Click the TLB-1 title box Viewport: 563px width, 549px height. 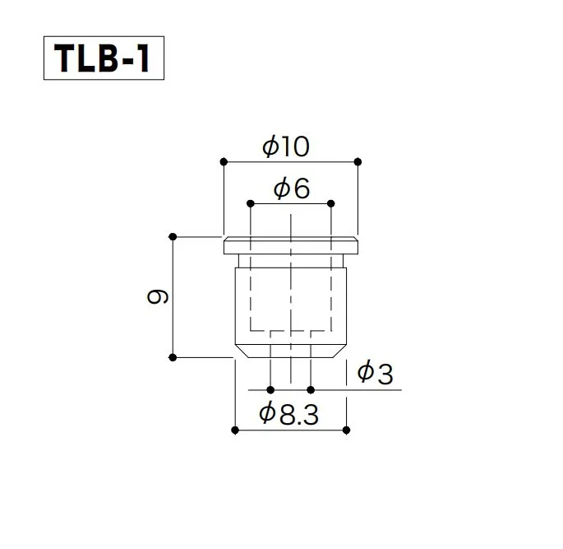point(104,58)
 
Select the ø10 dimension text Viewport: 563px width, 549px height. point(285,147)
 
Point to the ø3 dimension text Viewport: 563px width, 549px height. point(376,375)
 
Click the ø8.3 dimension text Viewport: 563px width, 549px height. point(288,415)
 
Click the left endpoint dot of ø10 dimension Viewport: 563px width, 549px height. point(223,161)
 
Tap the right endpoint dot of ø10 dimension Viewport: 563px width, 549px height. point(358,161)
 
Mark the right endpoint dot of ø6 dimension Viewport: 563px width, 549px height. point(330,202)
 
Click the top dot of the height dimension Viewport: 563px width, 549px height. point(173,237)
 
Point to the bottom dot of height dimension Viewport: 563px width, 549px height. point(173,357)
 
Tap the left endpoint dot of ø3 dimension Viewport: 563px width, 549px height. point(270,389)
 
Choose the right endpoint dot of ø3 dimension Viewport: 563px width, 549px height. point(311,389)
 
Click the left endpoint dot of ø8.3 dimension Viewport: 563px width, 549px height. point(235,430)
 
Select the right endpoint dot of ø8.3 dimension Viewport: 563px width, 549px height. point(345,430)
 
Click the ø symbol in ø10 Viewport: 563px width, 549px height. point(270,147)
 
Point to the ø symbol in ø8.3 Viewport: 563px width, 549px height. point(267,415)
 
